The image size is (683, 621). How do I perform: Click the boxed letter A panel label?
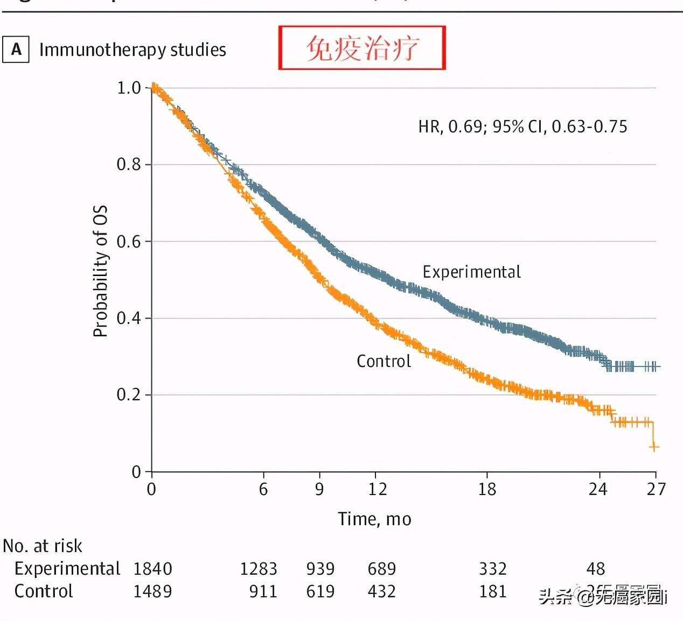(16, 50)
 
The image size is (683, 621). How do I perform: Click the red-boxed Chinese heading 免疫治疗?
(361, 48)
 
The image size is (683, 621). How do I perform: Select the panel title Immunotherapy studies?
(133, 50)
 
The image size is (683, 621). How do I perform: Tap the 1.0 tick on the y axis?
(129, 88)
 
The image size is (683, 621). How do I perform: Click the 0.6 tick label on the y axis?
(129, 241)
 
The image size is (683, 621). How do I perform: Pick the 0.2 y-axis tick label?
(129, 395)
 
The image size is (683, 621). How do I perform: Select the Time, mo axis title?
(374, 519)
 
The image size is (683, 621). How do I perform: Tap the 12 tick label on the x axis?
(377, 489)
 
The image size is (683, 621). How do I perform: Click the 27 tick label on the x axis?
(656, 489)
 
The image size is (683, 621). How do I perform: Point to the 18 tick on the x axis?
(487, 489)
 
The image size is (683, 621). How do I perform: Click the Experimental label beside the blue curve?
(471, 272)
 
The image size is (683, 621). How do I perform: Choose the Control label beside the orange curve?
(384, 361)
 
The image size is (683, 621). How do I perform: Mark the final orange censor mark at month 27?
(654, 447)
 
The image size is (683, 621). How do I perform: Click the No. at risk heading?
(43, 546)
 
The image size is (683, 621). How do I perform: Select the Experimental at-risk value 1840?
(152, 569)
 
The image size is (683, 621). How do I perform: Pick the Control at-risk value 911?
(263, 591)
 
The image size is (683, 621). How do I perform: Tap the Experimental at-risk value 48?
(595, 569)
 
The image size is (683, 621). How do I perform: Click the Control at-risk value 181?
(493, 591)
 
